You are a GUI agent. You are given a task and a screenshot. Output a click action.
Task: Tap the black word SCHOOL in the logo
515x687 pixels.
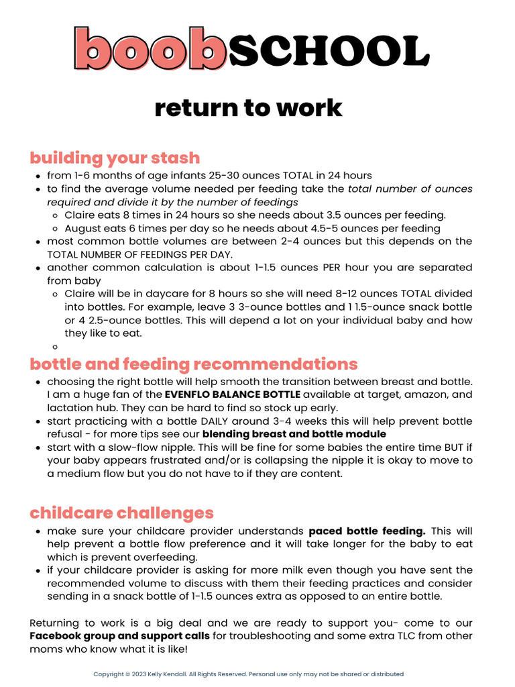pyautogui.click(x=328, y=50)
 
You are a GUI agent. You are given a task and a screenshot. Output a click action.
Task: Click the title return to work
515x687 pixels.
pyautogui.click(x=248, y=107)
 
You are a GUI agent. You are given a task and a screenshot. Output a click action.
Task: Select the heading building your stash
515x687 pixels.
pyautogui.click(x=115, y=158)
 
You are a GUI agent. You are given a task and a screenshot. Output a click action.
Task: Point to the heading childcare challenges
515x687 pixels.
pyautogui.click(x=121, y=513)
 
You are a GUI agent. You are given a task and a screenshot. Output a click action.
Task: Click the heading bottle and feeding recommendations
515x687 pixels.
pyautogui.click(x=194, y=364)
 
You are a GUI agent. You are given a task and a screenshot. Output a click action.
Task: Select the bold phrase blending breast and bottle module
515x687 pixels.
pyautogui.click(x=294, y=434)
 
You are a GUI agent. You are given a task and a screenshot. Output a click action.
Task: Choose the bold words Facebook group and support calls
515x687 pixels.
pyautogui.click(x=119, y=635)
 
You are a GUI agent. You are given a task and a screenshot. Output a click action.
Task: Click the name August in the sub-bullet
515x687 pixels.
pyautogui.click(x=82, y=228)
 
